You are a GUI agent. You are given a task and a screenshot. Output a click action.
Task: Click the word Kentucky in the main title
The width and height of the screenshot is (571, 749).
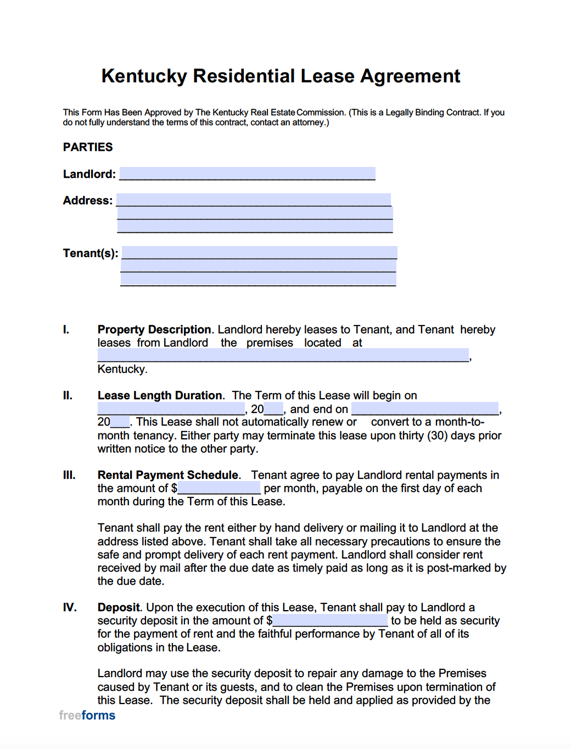point(144,76)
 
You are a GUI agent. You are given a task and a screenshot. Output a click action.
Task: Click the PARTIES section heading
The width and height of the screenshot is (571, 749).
point(88,147)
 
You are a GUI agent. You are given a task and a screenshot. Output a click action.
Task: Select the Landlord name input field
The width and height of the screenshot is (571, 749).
point(247,174)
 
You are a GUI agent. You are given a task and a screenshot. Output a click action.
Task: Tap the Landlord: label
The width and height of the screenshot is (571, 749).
point(89,174)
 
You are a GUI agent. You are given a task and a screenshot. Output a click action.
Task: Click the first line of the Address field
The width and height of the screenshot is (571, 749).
point(254,200)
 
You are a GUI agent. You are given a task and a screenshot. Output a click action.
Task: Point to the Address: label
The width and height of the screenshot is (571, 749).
point(87,200)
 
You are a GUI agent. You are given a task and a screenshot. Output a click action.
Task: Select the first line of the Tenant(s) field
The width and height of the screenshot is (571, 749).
point(259,253)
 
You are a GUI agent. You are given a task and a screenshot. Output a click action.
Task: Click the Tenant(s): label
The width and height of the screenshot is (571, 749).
point(91,253)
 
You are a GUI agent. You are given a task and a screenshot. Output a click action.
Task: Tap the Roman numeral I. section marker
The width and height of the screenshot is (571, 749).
point(66,329)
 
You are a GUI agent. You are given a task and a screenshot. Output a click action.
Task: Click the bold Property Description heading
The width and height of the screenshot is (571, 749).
point(154,329)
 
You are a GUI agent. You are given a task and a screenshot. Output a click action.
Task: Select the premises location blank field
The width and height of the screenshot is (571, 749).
point(283,355)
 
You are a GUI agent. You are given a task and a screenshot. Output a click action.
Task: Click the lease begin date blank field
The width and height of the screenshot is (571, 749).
point(171,409)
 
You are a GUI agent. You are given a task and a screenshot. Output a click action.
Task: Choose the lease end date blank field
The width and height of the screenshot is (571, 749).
point(425,409)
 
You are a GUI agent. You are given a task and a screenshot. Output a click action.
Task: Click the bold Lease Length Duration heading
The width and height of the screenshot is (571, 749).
point(160,395)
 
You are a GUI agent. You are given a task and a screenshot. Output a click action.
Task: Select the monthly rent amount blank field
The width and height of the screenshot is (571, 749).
point(219,488)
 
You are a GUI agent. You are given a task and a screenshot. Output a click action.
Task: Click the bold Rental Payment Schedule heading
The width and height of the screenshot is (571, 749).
point(168,475)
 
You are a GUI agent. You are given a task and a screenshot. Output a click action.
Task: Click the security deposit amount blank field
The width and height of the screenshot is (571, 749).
point(330,621)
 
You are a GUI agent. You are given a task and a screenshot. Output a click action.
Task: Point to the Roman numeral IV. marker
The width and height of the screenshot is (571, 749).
point(70,607)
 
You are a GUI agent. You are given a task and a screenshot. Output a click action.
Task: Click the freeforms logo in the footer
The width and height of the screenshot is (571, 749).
point(87,715)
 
